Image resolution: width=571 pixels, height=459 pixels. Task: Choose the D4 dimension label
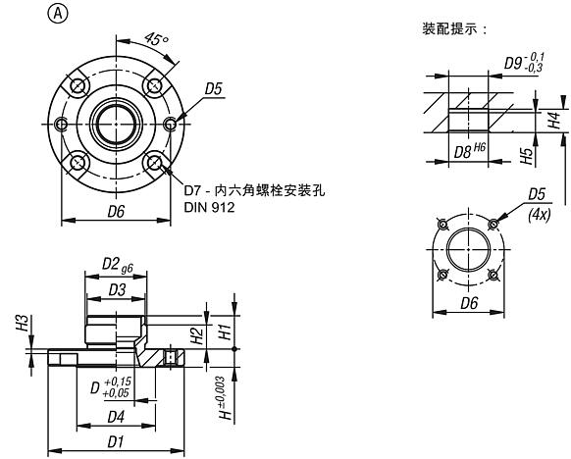pos(115,417)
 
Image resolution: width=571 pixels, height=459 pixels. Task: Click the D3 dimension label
pos(117,289)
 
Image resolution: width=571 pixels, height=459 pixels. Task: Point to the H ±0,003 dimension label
pos(227,396)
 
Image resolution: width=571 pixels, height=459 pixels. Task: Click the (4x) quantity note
pos(537,212)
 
